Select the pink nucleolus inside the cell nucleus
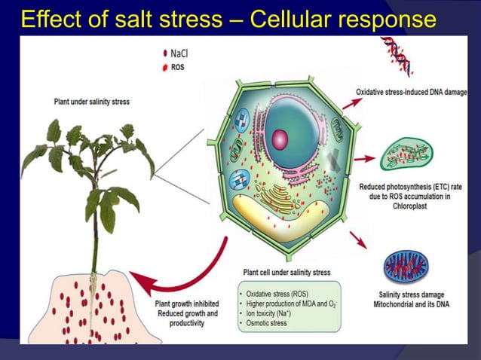pos(280,139)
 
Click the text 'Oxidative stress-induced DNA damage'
pos(412,93)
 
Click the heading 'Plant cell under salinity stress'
pos(286,273)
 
